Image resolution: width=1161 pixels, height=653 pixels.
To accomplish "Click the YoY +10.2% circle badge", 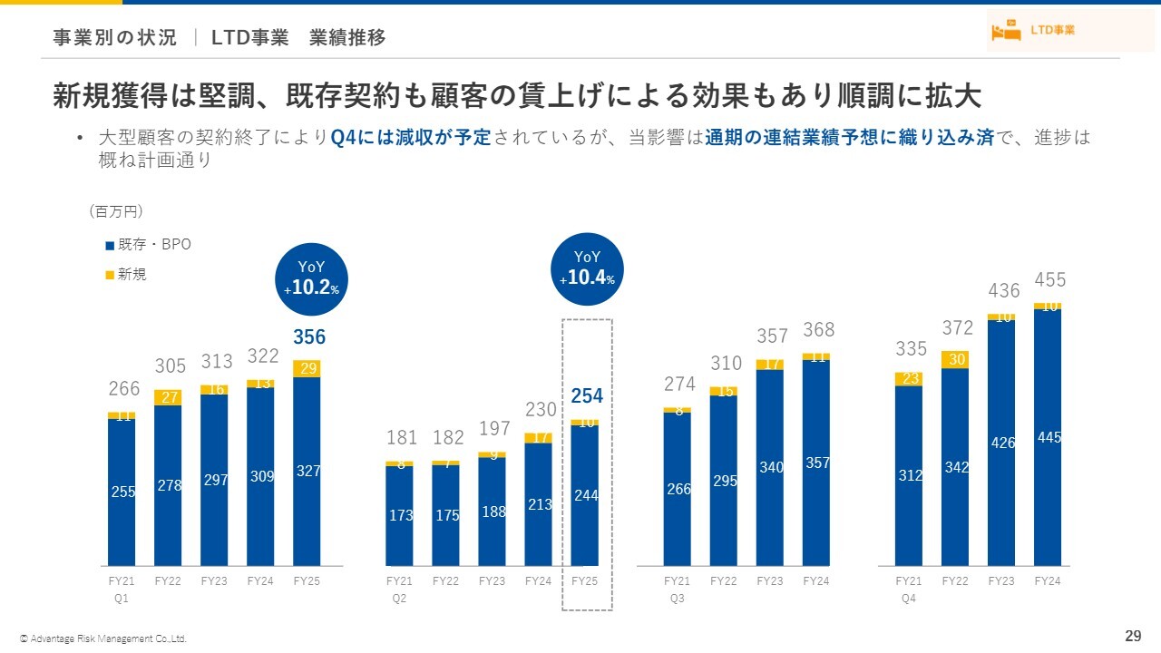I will pyautogui.click(x=312, y=277).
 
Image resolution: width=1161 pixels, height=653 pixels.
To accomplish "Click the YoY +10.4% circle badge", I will pyautogui.click(x=588, y=269).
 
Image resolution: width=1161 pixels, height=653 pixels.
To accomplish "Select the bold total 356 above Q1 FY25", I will pyautogui.click(x=308, y=337).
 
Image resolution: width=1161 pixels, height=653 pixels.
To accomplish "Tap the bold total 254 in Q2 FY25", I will pyautogui.click(x=587, y=396).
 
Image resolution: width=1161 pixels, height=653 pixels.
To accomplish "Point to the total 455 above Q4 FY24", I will pyautogui.click(x=1050, y=279).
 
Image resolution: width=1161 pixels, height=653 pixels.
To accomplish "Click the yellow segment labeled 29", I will pyautogui.click(x=307, y=368).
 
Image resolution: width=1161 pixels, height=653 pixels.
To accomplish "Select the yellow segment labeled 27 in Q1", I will pyautogui.click(x=169, y=397).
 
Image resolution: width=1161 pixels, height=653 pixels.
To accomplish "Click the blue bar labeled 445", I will pyautogui.click(x=1048, y=437).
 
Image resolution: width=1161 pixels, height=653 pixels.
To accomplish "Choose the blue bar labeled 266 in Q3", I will pyautogui.click(x=678, y=489).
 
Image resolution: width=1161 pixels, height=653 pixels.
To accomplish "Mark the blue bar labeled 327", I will pyautogui.click(x=307, y=471).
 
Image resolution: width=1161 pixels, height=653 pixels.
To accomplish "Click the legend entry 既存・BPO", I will pyautogui.click(x=149, y=245).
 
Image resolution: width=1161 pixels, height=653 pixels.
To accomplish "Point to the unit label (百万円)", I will pyautogui.click(x=116, y=211).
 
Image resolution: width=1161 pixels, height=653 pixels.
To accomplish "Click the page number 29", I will pyautogui.click(x=1132, y=635).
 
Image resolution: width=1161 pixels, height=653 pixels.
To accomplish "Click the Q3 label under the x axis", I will pyautogui.click(x=677, y=599).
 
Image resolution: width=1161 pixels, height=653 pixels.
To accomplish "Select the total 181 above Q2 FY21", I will pyautogui.click(x=400, y=438).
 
